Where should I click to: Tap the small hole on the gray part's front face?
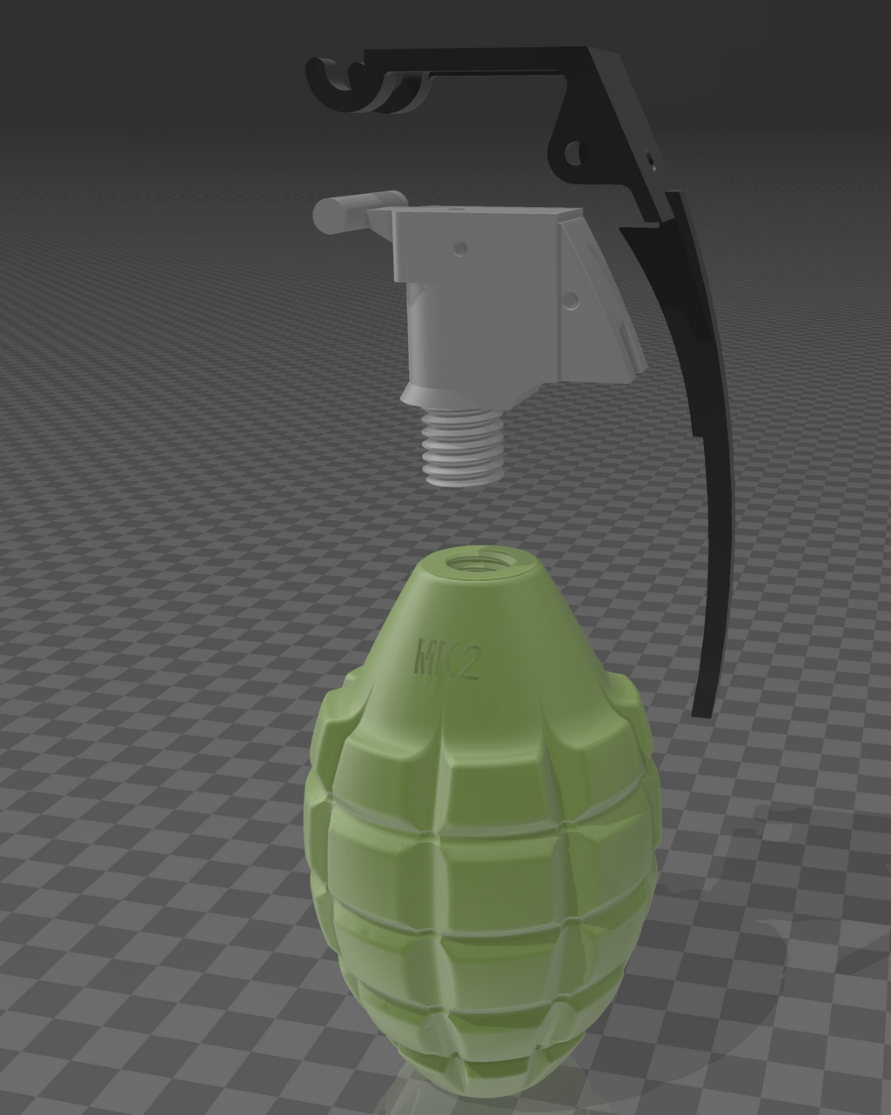tap(460, 248)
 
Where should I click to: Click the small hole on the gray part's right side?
tap(572, 300)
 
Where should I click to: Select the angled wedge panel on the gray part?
tap(600, 296)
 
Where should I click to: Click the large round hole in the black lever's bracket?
tap(573, 155)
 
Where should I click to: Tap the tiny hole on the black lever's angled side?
tap(651, 158)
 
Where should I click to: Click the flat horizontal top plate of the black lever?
tap(487, 61)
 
